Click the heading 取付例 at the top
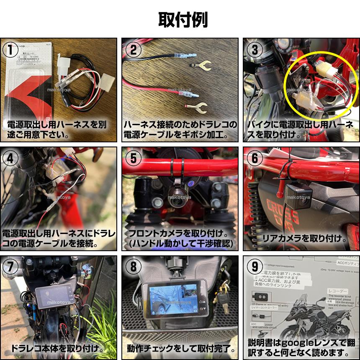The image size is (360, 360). (x=183, y=19)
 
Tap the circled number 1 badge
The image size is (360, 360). (x=11, y=49)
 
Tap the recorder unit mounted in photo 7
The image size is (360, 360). (x=54, y=297)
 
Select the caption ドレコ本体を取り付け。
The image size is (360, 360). (x=57, y=348)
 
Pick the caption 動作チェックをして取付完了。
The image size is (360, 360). (x=180, y=348)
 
